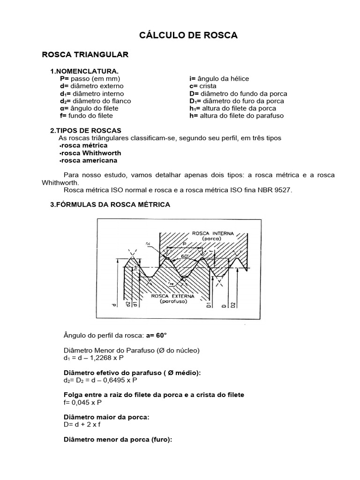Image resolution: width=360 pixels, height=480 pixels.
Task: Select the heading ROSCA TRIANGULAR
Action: click(x=85, y=55)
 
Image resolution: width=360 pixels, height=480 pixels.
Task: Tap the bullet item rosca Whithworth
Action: click(x=90, y=153)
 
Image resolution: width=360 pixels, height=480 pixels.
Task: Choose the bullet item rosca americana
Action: click(x=89, y=160)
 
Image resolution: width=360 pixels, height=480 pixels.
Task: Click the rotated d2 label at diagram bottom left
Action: click(x=127, y=304)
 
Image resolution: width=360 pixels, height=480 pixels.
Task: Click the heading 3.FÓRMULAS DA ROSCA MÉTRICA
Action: click(x=110, y=205)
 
